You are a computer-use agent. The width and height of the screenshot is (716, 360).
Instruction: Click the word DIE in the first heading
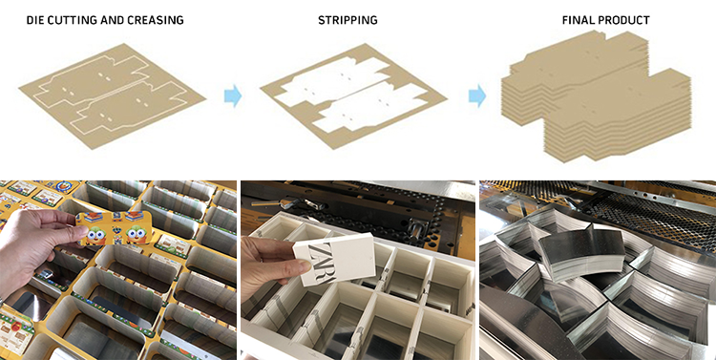[x=35, y=21]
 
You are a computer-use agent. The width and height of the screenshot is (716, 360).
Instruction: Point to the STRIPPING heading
[x=347, y=21]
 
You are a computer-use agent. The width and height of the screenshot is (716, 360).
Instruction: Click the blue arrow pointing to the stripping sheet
[x=233, y=95]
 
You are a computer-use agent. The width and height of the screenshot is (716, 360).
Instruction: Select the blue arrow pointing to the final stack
[x=477, y=95]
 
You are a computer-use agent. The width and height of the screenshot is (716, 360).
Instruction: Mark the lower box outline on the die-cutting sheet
[x=130, y=108]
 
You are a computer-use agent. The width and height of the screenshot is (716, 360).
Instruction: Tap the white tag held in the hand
[x=334, y=255]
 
